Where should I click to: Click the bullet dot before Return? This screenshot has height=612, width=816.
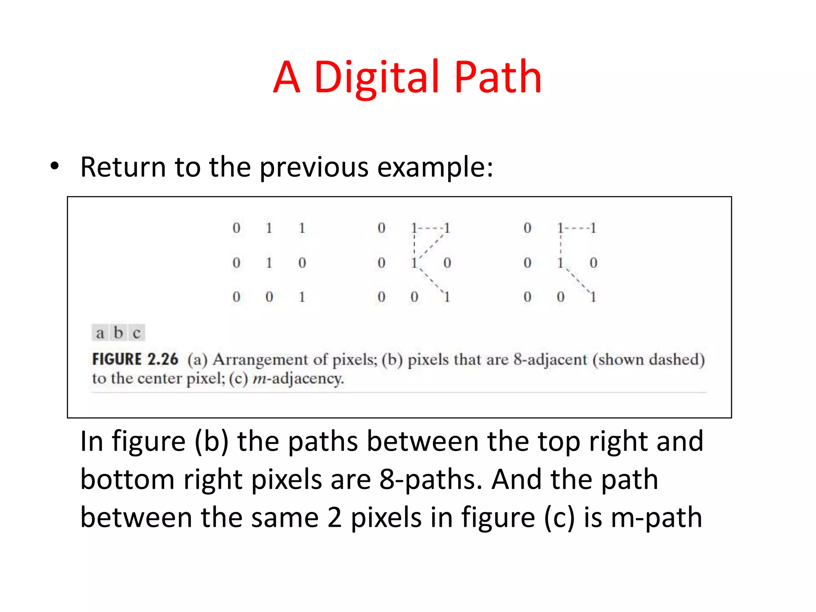tap(55, 166)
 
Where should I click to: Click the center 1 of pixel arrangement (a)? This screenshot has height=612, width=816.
tap(269, 263)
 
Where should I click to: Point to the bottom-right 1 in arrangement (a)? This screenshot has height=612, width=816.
tap(302, 297)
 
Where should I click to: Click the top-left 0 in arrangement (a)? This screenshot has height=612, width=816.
tap(236, 228)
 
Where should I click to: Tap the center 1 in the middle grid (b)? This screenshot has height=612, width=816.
tap(414, 263)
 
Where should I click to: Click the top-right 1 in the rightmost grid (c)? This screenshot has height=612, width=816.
tap(593, 228)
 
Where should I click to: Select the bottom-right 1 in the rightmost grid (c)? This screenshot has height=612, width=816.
tap(593, 297)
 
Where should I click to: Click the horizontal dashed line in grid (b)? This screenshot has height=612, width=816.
tap(431, 229)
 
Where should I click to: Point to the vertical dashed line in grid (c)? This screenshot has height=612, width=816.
tap(561, 245)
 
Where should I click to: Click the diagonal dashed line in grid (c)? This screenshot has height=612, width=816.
tap(577, 280)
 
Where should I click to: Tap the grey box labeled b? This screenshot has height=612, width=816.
tap(118, 332)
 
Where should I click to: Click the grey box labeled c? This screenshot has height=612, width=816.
tap(137, 332)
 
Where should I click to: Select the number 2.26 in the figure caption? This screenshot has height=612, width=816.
tap(163, 359)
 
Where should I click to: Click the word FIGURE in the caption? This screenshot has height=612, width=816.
tap(117, 359)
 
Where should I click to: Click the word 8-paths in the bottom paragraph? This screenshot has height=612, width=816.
tap(431, 479)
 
